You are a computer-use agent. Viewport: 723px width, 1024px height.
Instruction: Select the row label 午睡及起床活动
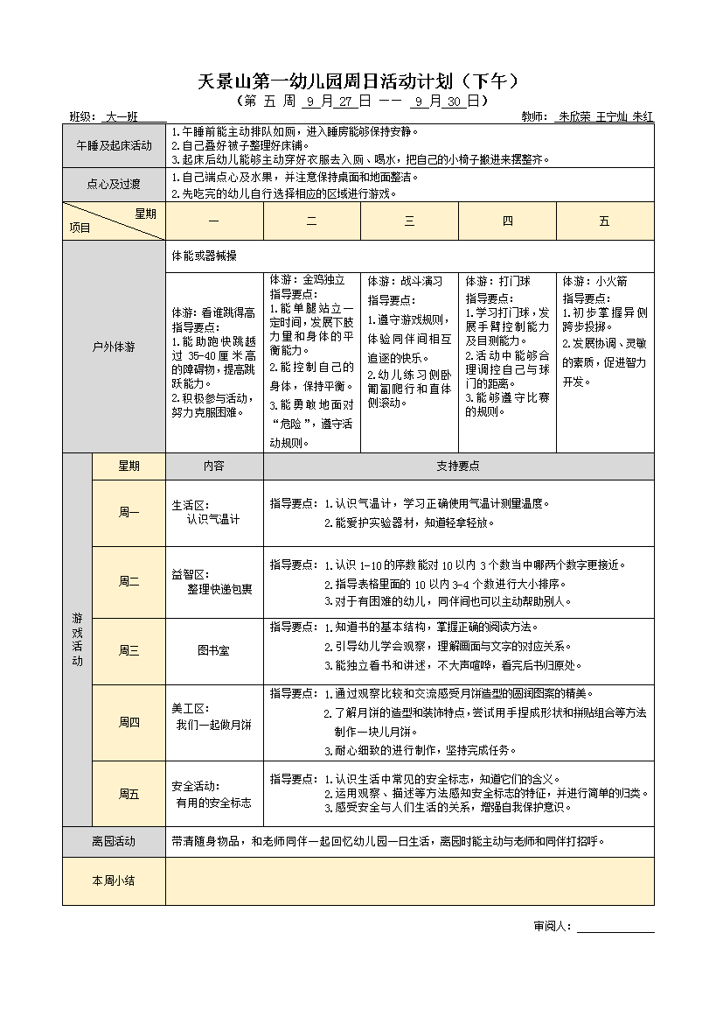point(114,146)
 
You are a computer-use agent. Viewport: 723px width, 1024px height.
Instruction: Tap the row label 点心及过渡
point(114,185)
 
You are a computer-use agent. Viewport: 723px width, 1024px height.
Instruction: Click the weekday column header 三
point(409,221)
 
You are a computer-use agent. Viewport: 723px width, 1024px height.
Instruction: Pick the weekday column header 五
point(605,221)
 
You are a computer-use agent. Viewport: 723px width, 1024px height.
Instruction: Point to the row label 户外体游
point(114,347)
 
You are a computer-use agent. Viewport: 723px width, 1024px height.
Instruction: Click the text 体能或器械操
point(205,256)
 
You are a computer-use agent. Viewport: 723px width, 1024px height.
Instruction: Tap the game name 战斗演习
point(422,282)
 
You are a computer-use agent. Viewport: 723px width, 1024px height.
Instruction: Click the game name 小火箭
point(612,282)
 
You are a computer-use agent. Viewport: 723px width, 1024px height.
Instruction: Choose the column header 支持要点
point(457,466)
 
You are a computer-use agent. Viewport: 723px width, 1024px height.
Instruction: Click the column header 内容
point(214,466)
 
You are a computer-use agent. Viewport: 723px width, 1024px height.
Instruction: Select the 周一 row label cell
point(129,513)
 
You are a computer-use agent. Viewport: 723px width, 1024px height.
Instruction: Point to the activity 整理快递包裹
point(219,589)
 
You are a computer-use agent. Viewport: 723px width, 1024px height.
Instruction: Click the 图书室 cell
point(214,651)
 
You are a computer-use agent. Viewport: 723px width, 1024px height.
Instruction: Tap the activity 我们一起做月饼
point(213,725)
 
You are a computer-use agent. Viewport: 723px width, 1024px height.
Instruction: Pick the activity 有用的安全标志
point(213,802)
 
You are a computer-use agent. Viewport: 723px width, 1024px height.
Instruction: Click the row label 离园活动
point(114,841)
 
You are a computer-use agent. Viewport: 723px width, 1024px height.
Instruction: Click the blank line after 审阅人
point(615,926)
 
